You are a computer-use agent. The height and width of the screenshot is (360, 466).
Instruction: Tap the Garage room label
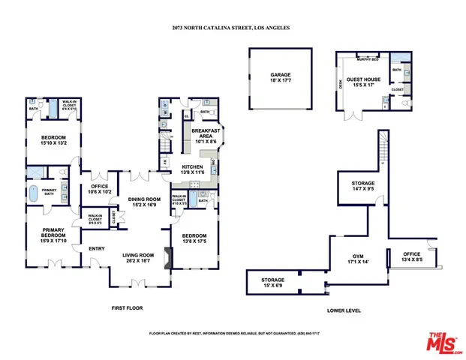coord(281,77)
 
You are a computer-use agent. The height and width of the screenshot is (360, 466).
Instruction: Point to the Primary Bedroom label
coord(54,235)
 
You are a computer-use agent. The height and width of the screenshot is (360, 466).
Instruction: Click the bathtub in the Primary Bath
coord(34,191)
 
